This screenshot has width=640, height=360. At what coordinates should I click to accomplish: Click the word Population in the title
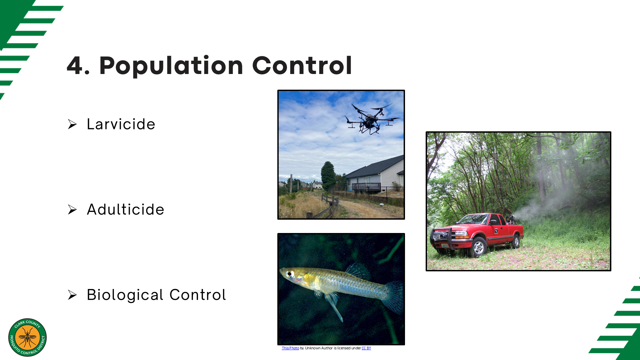coord(171,66)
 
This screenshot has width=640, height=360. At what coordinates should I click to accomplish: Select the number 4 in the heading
coord(75,65)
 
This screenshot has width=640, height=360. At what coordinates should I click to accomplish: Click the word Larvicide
coord(121,124)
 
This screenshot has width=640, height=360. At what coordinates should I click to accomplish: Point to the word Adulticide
coord(125,209)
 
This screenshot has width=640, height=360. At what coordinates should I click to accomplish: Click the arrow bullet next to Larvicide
coord(72,124)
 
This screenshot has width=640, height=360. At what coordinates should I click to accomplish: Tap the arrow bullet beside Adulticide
coord(72,210)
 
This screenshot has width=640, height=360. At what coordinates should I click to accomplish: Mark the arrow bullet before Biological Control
coord(72,295)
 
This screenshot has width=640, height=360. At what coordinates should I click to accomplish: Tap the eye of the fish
coord(290,274)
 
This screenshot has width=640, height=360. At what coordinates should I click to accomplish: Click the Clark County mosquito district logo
coord(28,337)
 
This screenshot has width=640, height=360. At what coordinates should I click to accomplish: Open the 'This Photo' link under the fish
coord(290,348)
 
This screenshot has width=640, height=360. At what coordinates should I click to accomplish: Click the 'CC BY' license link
coord(366,348)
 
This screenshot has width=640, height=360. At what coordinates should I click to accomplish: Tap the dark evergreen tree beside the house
coord(328,175)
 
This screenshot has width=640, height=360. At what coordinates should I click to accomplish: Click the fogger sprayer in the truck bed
coord(510,219)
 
